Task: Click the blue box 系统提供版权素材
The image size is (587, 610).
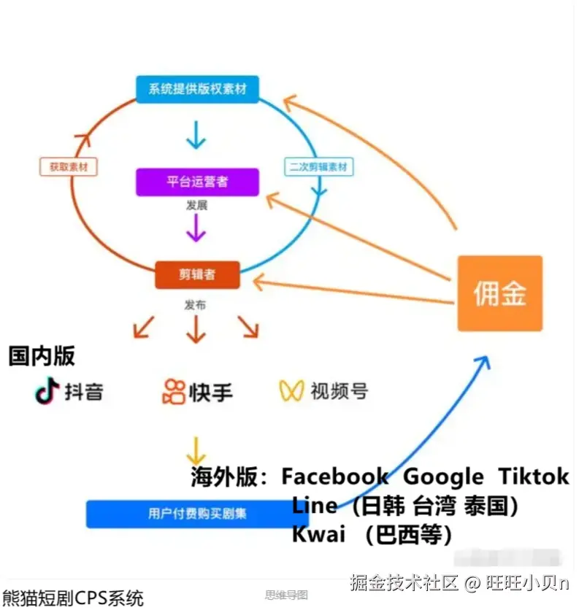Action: (x=197, y=90)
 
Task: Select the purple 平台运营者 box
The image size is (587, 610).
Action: (x=197, y=182)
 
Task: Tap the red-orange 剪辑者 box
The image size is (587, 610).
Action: (x=197, y=275)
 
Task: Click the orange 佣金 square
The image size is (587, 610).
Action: (x=499, y=293)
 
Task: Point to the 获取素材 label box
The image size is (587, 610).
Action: (x=69, y=167)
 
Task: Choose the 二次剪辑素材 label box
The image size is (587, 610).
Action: (x=318, y=167)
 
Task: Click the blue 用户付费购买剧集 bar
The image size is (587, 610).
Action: (x=197, y=514)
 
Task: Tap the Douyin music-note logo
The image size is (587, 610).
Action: (x=47, y=392)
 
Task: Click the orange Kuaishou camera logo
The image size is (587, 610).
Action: (x=174, y=392)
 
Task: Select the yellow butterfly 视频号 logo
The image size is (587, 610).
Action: (x=291, y=391)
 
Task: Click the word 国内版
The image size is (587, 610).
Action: (x=42, y=356)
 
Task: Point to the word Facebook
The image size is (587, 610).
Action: (x=335, y=477)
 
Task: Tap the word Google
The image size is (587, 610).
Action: (x=443, y=477)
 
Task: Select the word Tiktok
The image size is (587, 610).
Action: (x=533, y=477)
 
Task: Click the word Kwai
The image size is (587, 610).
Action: (x=318, y=535)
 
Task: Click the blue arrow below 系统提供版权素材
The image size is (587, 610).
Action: (x=195, y=134)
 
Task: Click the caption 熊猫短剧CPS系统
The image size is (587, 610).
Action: (x=73, y=598)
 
